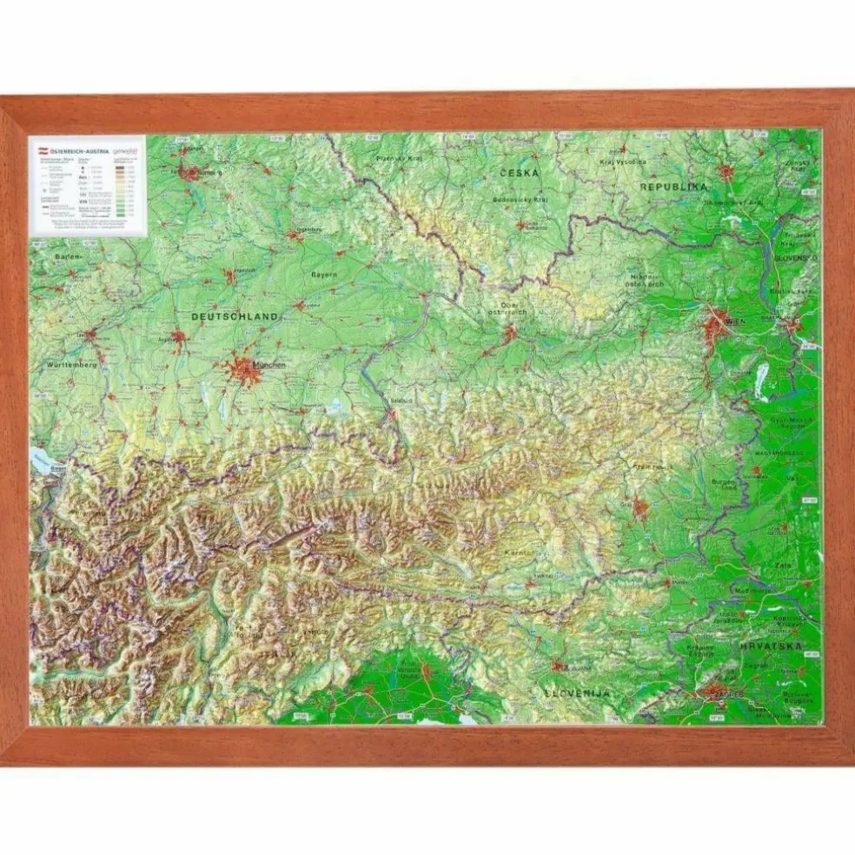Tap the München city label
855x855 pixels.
(268, 366)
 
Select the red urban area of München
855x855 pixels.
(242, 370)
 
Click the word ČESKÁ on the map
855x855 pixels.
(520, 173)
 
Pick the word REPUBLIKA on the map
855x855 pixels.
(674, 187)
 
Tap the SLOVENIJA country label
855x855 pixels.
(578, 693)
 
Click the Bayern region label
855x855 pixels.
(324, 274)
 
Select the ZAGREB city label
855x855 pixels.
(723, 696)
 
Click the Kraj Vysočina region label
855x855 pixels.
(624, 162)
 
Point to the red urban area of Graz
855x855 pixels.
(640, 508)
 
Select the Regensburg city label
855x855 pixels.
(309, 230)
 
